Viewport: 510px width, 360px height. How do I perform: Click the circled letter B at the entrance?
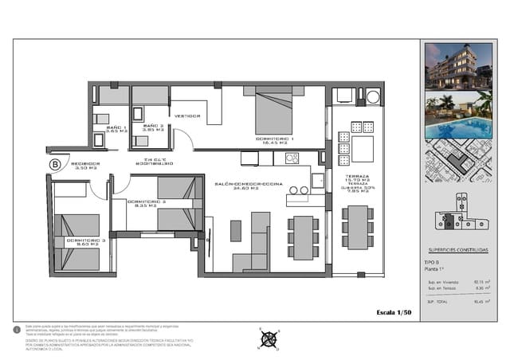(x=55, y=164)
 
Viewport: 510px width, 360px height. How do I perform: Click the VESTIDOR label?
(x=186, y=115)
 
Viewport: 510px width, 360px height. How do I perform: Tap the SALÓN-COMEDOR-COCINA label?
(x=236, y=186)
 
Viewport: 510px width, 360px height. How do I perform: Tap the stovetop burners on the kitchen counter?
(x=292, y=158)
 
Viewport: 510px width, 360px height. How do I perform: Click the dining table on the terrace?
(x=358, y=227)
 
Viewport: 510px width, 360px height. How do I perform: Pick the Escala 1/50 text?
(x=394, y=311)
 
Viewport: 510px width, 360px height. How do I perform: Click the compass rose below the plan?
(x=269, y=338)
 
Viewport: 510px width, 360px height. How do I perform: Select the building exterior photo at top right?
(x=457, y=67)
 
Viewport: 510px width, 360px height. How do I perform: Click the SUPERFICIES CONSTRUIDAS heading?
(x=457, y=249)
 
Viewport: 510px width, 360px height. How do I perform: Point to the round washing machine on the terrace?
(x=371, y=97)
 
